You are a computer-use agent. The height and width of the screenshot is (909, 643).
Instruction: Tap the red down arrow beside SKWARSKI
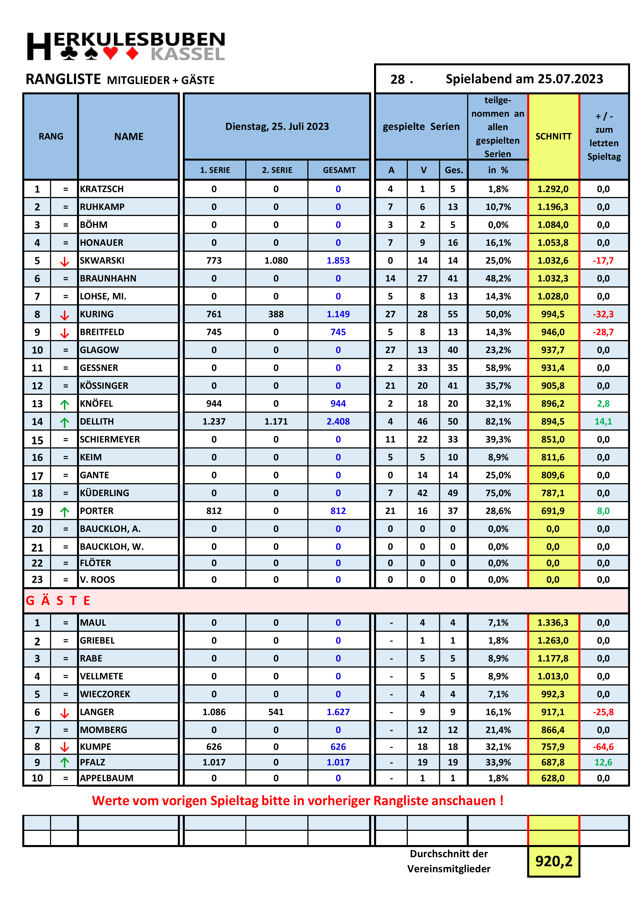pos(65,261)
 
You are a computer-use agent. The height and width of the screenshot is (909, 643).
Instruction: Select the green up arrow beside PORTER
pos(65,511)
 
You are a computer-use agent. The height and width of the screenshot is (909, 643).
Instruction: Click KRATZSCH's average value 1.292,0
pos(553,189)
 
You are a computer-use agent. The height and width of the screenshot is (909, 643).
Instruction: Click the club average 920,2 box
pos(554,861)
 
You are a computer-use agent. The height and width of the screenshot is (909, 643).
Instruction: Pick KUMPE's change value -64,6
pos(603,747)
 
